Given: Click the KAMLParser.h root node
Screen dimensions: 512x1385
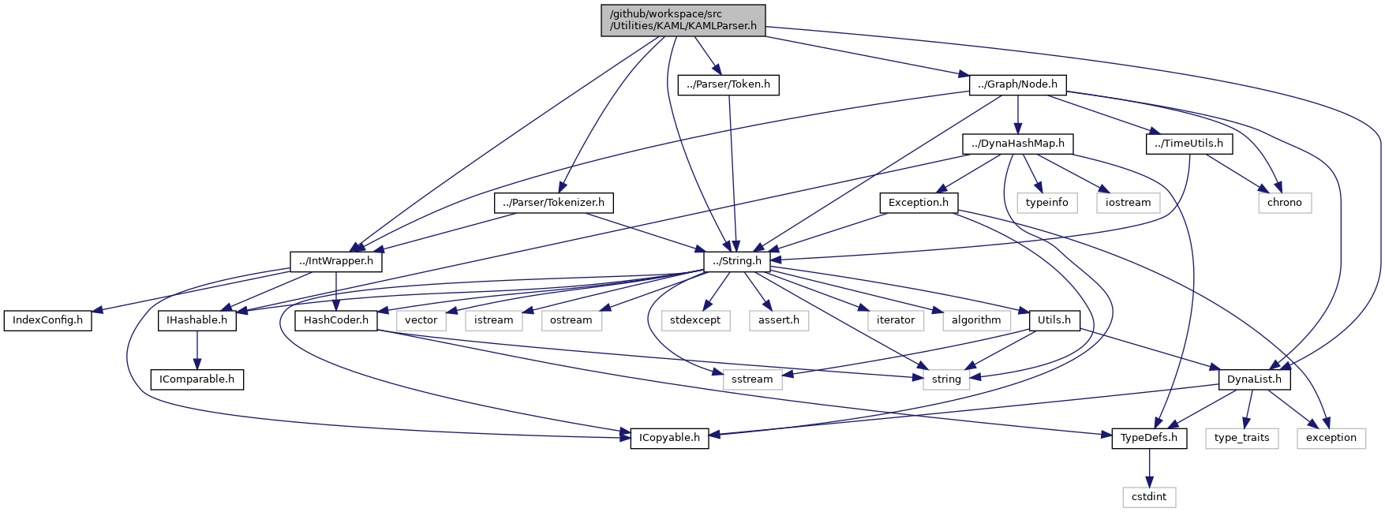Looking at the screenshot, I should tap(683, 20).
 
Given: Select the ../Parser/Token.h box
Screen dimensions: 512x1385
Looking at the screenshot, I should tap(728, 84).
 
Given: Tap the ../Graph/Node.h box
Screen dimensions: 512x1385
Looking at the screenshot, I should tap(1017, 84).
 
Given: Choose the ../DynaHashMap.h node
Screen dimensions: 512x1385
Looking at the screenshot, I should tap(1017, 144).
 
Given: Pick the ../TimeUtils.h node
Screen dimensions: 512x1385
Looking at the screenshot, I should tap(1188, 144).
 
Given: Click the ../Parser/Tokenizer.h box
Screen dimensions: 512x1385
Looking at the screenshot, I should tap(553, 203).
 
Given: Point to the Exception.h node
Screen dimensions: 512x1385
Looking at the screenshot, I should tap(918, 203).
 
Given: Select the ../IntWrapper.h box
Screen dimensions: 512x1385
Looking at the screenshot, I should tap(336, 261).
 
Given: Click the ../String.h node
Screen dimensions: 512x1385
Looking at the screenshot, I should tap(736, 261).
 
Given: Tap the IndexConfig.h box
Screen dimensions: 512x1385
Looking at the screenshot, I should tap(47, 320).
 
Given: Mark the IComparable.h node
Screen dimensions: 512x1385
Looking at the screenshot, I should tap(197, 379).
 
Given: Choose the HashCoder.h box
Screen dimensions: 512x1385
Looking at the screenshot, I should tap(335, 320).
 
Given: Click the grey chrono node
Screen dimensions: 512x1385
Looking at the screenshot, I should tap(1284, 203).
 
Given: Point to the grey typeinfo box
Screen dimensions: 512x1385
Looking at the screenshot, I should tap(1046, 203).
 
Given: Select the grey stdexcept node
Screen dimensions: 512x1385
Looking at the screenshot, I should tap(695, 320).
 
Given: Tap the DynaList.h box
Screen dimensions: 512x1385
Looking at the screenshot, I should tap(1254, 379).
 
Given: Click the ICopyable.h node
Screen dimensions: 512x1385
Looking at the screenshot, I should tap(668, 438).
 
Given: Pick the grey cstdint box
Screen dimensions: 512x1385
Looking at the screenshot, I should tap(1149, 497).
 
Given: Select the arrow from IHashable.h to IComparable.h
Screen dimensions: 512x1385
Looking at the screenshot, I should tap(197, 349).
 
